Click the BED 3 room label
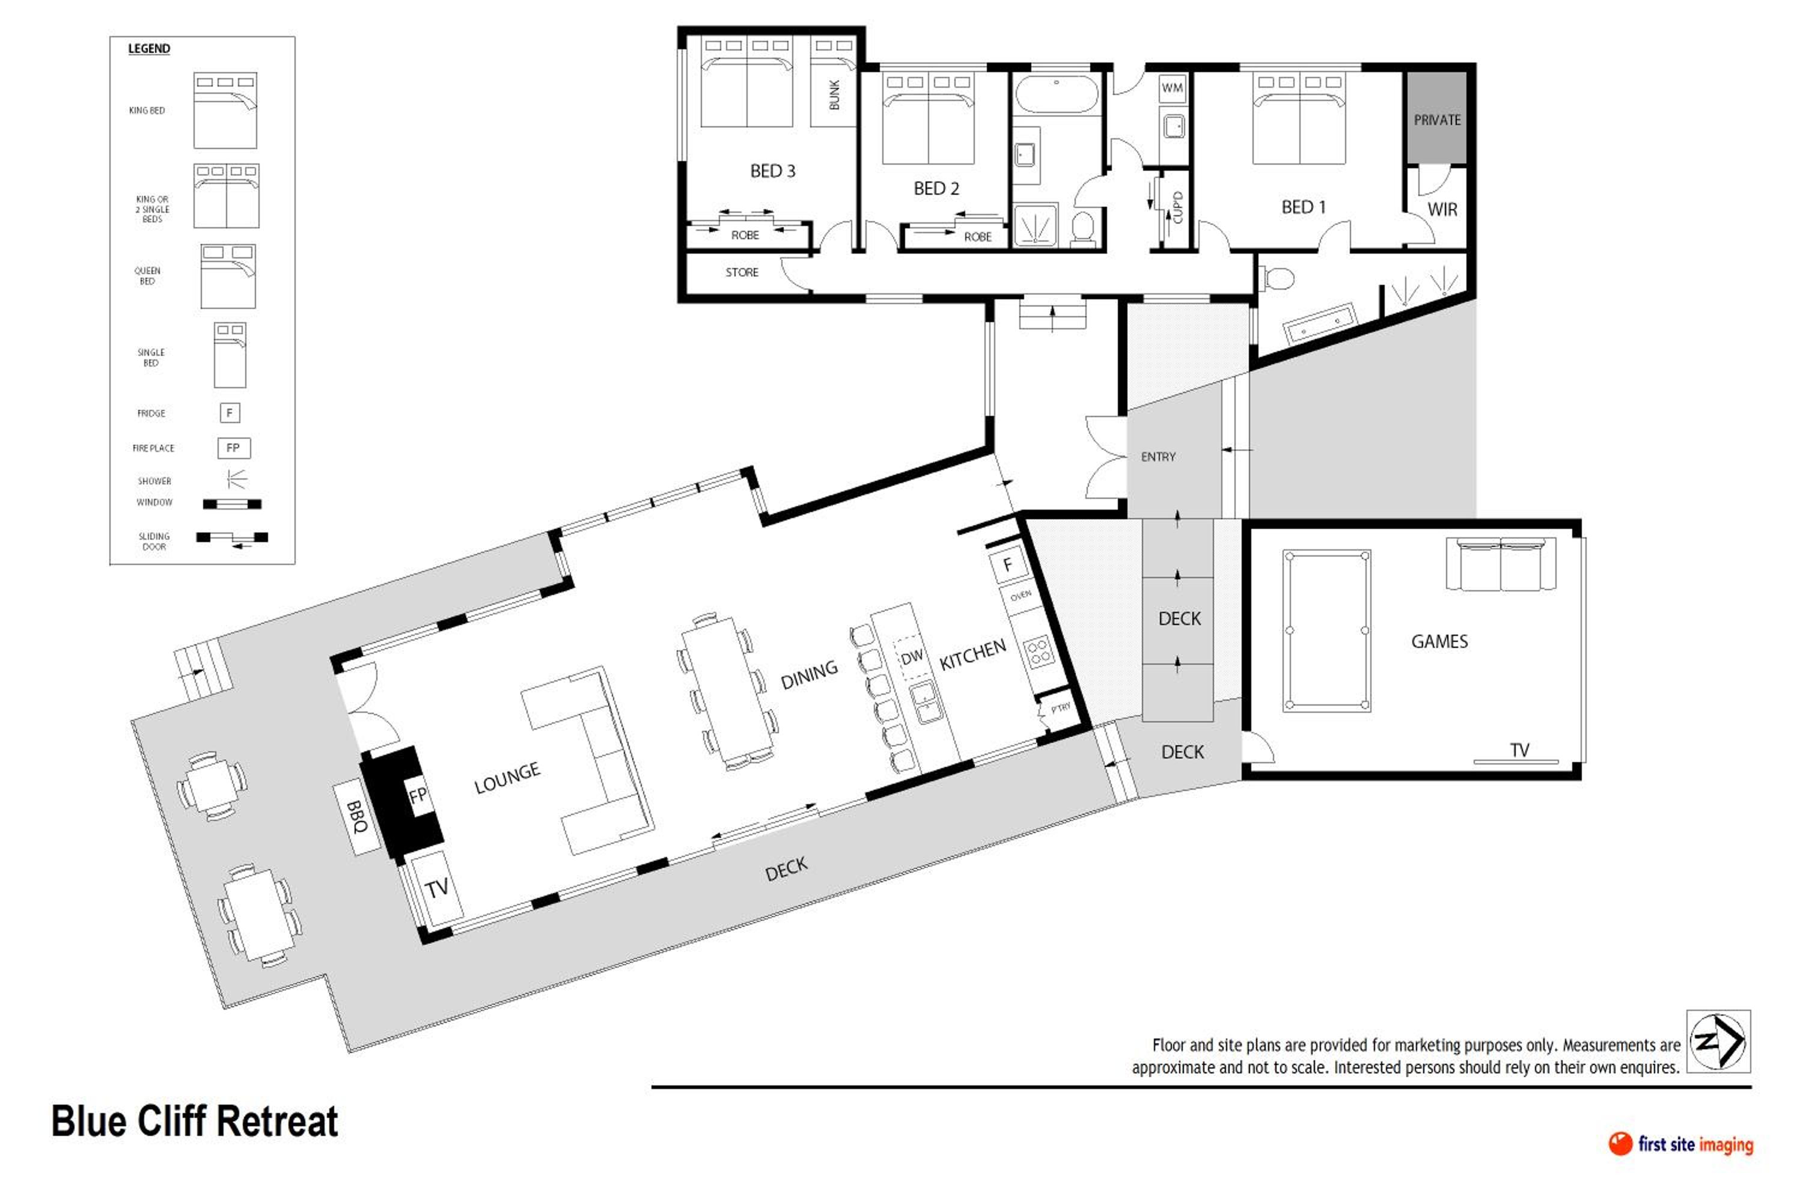(773, 171)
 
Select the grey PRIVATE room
(1436, 117)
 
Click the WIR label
(1442, 209)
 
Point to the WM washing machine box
(1172, 87)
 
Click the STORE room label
(742, 272)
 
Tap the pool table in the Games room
(1327, 630)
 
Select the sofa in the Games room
(1501, 564)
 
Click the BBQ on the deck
(357, 817)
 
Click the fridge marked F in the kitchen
(1007, 565)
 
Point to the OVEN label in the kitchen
(1020, 596)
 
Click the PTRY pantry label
(1060, 707)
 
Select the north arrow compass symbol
(1718, 1041)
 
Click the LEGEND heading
(148, 48)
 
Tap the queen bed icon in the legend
(228, 276)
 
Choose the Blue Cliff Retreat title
(195, 1121)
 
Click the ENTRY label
(1158, 457)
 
